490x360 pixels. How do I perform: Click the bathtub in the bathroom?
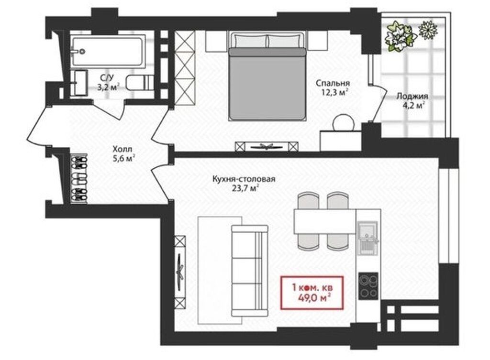(108, 51)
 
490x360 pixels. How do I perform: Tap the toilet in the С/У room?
(140, 82)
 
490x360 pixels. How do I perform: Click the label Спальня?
(333, 83)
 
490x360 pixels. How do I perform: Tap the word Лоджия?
(412, 96)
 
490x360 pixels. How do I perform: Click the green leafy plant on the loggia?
(401, 36)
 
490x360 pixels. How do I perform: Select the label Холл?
(122, 149)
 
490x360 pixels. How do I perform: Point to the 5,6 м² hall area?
(124, 158)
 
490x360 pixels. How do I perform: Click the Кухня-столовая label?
(244, 179)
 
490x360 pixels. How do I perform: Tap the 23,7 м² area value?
(245, 188)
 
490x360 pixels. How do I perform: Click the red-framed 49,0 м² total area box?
(312, 293)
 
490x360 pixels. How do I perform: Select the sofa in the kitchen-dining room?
(249, 271)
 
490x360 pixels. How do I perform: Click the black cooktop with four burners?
(368, 286)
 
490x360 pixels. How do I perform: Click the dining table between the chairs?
(325, 221)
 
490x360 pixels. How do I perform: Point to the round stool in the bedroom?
(344, 123)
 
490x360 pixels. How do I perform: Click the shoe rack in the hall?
(78, 178)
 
